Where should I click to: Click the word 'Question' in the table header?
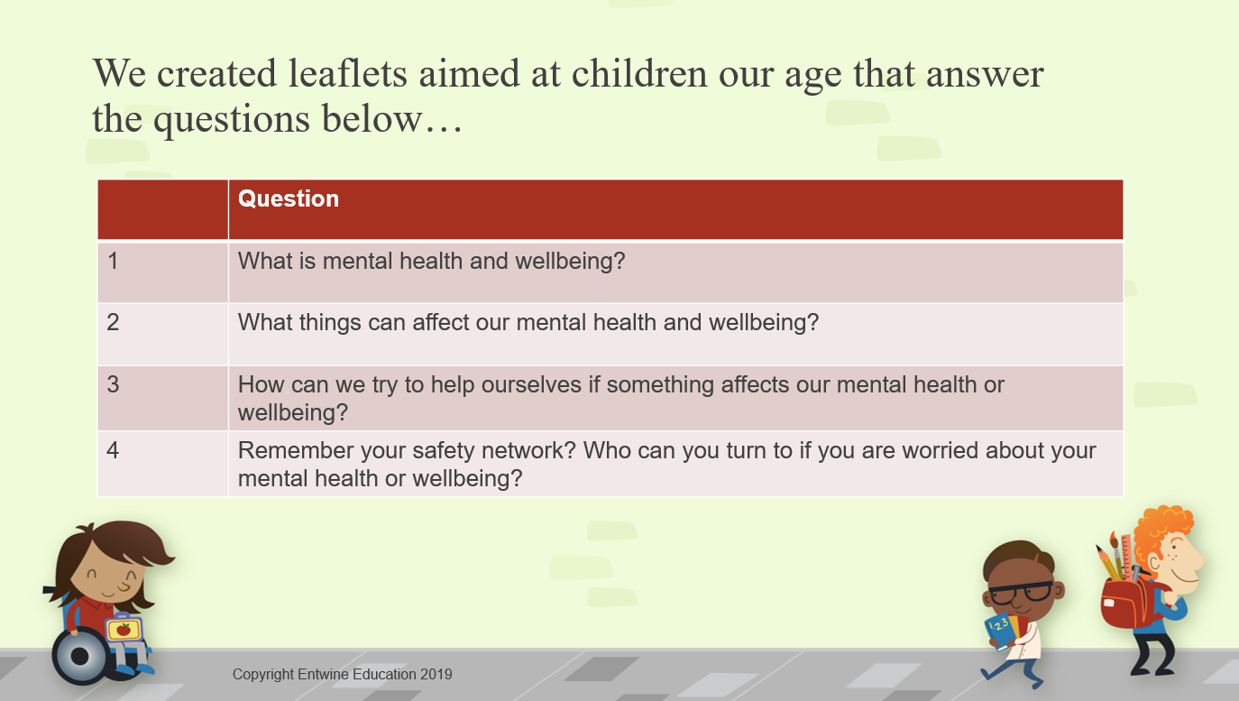click(289, 199)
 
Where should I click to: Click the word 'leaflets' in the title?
click(348, 74)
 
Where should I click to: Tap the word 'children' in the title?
click(638, 74)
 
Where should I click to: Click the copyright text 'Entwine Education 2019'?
click(374, 675)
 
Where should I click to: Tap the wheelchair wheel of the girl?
click(80, 656)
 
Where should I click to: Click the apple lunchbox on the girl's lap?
click(124, 628)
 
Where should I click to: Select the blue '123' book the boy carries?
click(1002, 632)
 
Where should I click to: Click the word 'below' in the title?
click(372, 118)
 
